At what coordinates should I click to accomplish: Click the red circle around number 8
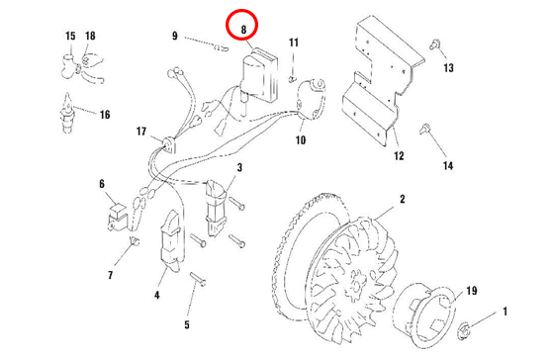[242, 10]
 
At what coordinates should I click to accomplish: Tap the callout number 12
[399, 155]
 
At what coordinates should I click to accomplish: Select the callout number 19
[472, 291]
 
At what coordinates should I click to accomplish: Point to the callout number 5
[187, 324]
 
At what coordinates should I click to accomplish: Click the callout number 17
[141, 132]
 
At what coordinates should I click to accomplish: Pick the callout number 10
[301, 140]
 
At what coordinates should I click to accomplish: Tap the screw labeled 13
[434, 45]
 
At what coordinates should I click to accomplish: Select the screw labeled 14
[424, 129]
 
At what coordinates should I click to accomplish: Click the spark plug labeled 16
[67, 113]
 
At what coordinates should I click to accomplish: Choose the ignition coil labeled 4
[171, 241]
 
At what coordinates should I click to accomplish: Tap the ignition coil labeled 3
[216, 208]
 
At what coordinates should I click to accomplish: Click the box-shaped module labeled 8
[259, 76]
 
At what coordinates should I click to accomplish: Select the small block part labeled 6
[118, 218]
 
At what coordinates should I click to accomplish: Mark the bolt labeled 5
[198, 278]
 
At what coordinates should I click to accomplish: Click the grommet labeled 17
[168, 144]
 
